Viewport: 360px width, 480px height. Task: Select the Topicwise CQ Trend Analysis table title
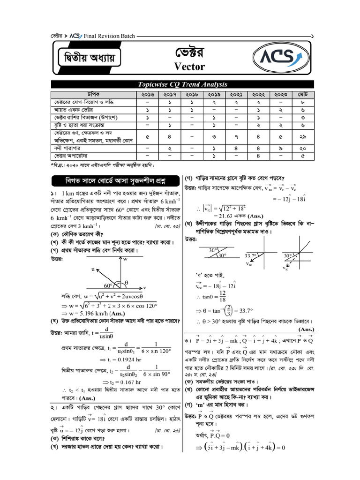182,84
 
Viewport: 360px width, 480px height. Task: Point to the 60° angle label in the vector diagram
109,285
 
